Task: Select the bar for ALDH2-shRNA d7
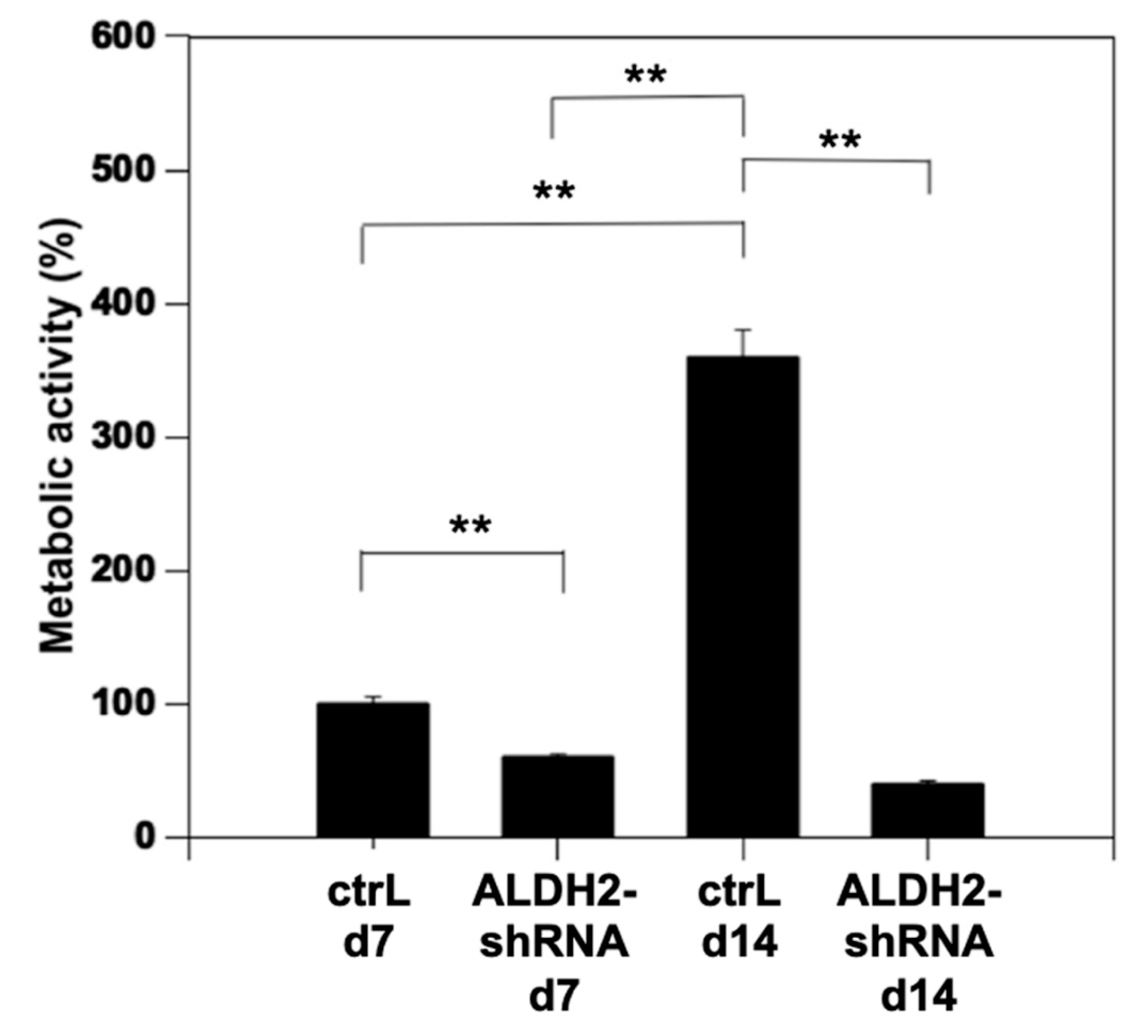[x=557, y=796]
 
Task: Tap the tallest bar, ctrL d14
[x=742, y=597]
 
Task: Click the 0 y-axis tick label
[x=145, y=837]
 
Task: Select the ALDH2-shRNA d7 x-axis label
[x=555, y=943]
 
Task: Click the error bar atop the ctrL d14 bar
[x=743, y=342]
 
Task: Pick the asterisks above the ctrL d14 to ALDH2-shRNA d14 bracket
[x=840, y=141]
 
